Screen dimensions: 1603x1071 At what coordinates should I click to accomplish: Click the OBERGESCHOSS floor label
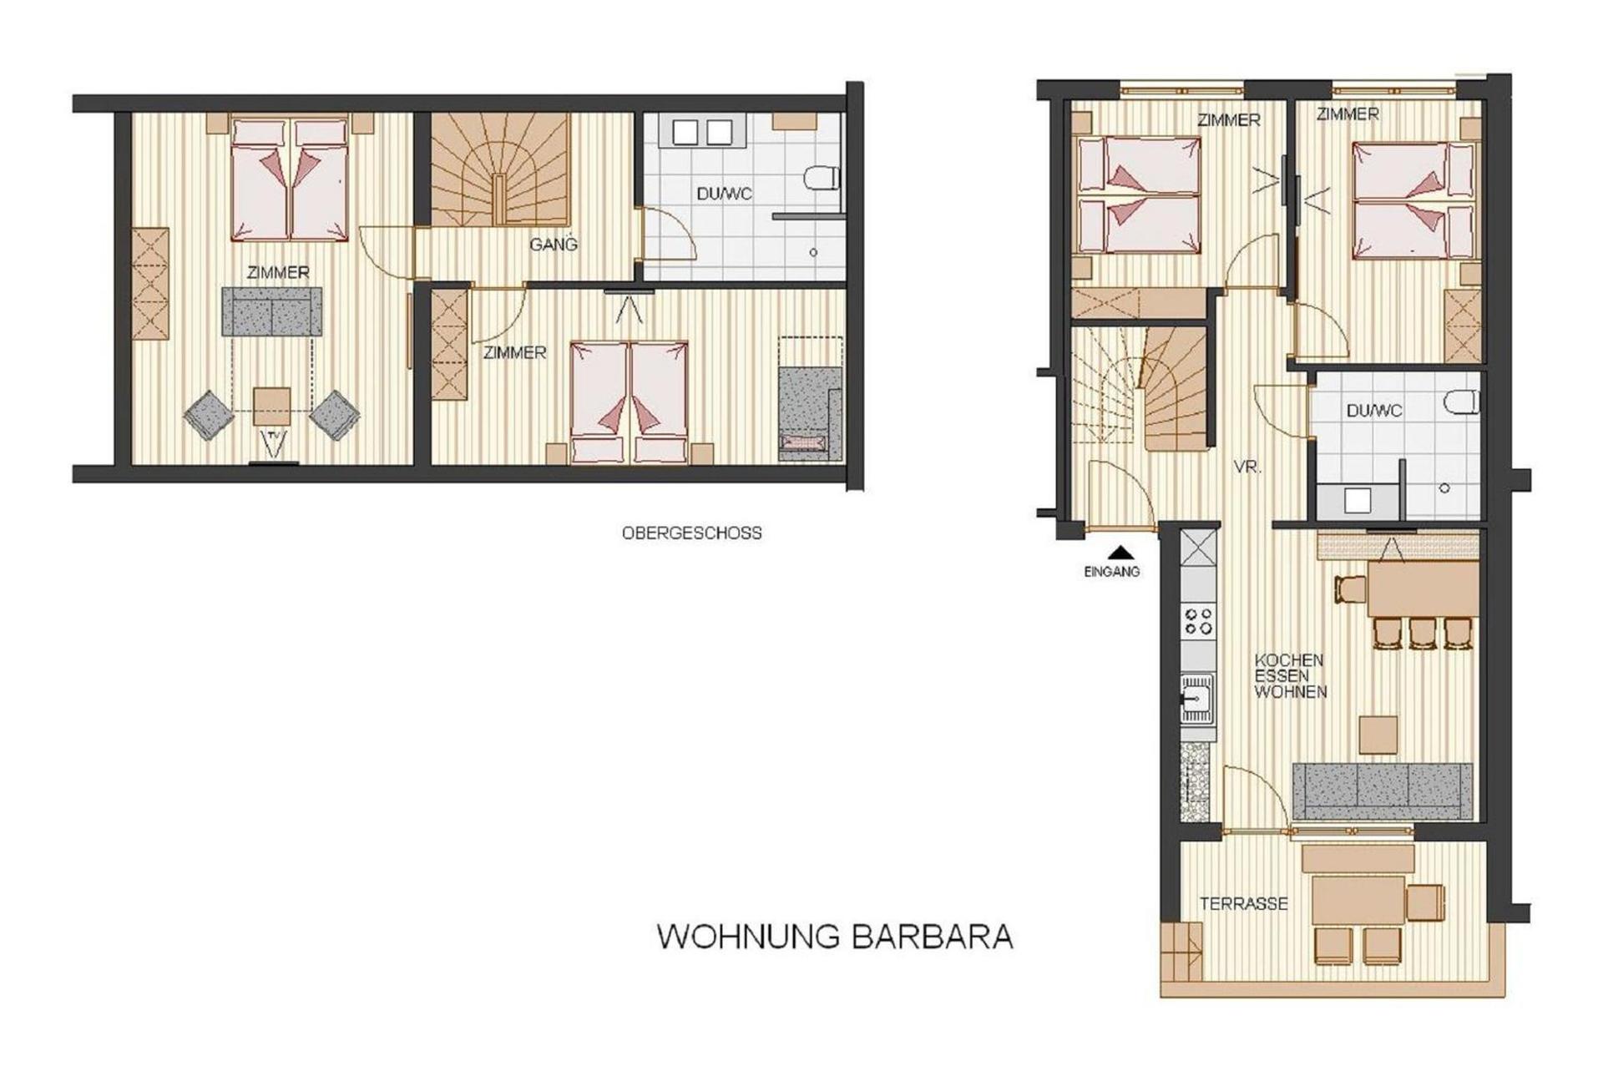pyautogui.click(x=691, y=533)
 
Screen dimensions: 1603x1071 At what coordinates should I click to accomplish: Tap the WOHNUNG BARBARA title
pyautogui.click(x=835, y=936)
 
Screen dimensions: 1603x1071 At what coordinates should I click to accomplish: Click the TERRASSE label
pyautogui.click(x=1243, y=903)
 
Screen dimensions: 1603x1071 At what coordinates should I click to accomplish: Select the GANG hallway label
pyautogui.click(x=553, y=245)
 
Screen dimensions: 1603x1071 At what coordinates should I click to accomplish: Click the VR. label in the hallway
pyautogui.click(x=1247, y=467)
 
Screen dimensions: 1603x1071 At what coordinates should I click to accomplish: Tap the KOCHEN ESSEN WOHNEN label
pyautogui.click(x=1290, y=675)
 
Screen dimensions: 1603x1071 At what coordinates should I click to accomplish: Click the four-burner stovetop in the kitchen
pyautogui.click(x=1199, y=620)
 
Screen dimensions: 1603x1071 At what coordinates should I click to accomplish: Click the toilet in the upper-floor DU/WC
pyautogui.click(x=822, y=178)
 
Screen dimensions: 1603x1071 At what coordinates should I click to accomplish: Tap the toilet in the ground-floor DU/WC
pyautogui.click(x=1462, y=402)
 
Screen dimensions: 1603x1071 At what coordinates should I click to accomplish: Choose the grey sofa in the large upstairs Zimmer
pyautogui.click(x=271, y=311)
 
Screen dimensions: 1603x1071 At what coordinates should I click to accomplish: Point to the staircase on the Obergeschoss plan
pyautogui.click(x=499, y=169)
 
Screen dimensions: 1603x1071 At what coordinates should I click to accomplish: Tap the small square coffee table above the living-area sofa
pyautogui.click(x=1378, y=735)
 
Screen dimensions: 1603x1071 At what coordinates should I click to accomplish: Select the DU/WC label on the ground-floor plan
pyautogui.click(x=1373, y=411)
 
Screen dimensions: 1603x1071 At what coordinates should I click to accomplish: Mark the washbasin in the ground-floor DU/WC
pyautogui.click(x=1357, y=500)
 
